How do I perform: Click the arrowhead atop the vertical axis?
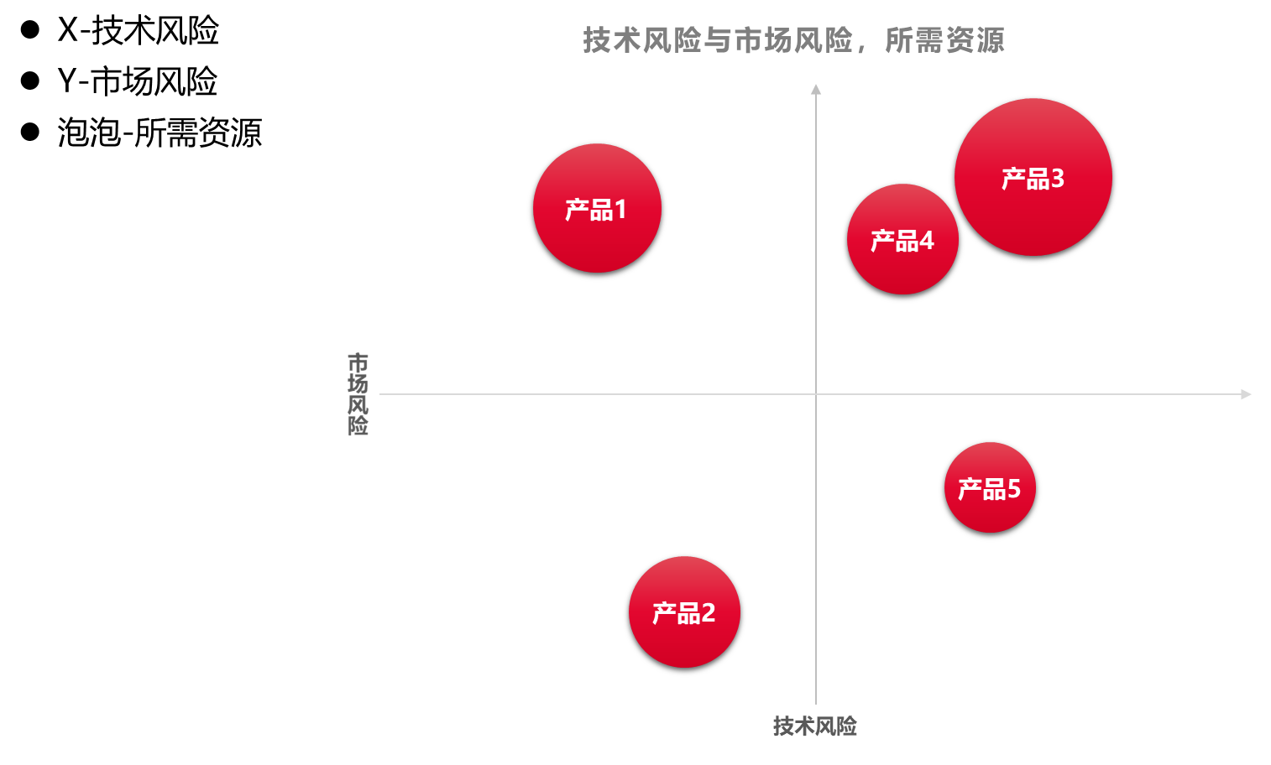(815, 89)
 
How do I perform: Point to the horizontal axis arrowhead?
(1246, 394)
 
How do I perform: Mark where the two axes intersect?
(815, 393)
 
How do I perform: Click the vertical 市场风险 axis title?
(358, 393)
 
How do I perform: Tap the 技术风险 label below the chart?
(814, 726)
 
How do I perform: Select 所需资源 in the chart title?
(944, 40)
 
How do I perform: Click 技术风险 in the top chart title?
(642, 40)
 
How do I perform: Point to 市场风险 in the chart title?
(793, 40)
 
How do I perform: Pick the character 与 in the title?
(718, 40)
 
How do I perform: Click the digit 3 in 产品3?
(1057, 179)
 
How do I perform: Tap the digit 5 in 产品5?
(1013, 489)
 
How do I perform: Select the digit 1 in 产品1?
(620, 210)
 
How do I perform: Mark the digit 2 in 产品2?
(708, 613)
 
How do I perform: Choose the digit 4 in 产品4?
(926, 241)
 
